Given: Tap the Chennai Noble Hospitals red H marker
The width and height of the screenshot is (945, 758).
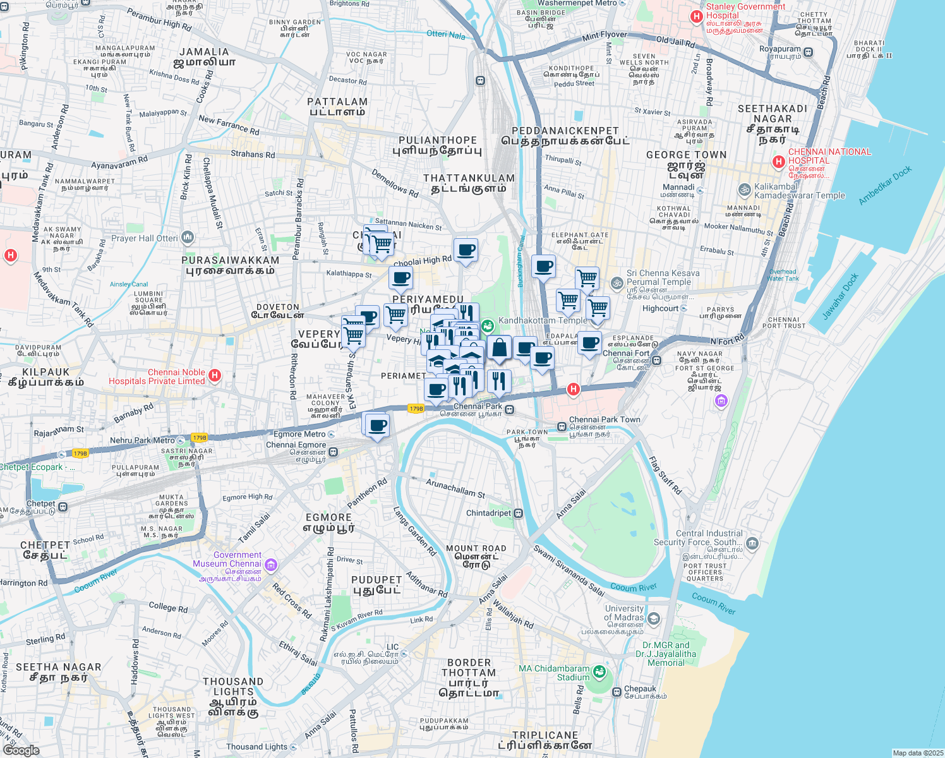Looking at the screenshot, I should [x=215, y=376].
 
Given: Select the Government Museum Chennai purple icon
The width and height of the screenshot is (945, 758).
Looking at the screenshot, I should [x=271, y=564].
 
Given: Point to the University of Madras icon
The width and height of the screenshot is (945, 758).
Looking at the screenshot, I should [x=654, y=618].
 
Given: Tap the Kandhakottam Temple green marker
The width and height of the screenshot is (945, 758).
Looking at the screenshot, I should [x=487, y=326].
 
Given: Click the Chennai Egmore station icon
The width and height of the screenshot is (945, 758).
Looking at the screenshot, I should [x=333, y=452].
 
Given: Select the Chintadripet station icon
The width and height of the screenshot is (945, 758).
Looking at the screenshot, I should [x=518, y=513].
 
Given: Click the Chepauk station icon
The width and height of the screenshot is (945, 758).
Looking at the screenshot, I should [x=617, y=692].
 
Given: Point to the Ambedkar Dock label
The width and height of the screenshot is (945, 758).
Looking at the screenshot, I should [x=886, y=186].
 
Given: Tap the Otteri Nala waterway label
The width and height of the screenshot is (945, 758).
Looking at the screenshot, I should [x=446, y=35].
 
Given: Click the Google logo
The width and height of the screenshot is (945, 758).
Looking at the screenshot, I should [x=21, y=750].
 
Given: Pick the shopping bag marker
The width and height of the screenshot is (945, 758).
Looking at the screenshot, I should [x=499, y=349].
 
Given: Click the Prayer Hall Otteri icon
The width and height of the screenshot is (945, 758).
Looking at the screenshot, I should [x=188, y=238].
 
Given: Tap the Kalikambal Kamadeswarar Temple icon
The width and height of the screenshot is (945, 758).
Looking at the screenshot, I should [x=745, y=189].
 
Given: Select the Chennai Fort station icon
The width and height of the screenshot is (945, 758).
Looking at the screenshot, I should [x=657, y=361].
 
